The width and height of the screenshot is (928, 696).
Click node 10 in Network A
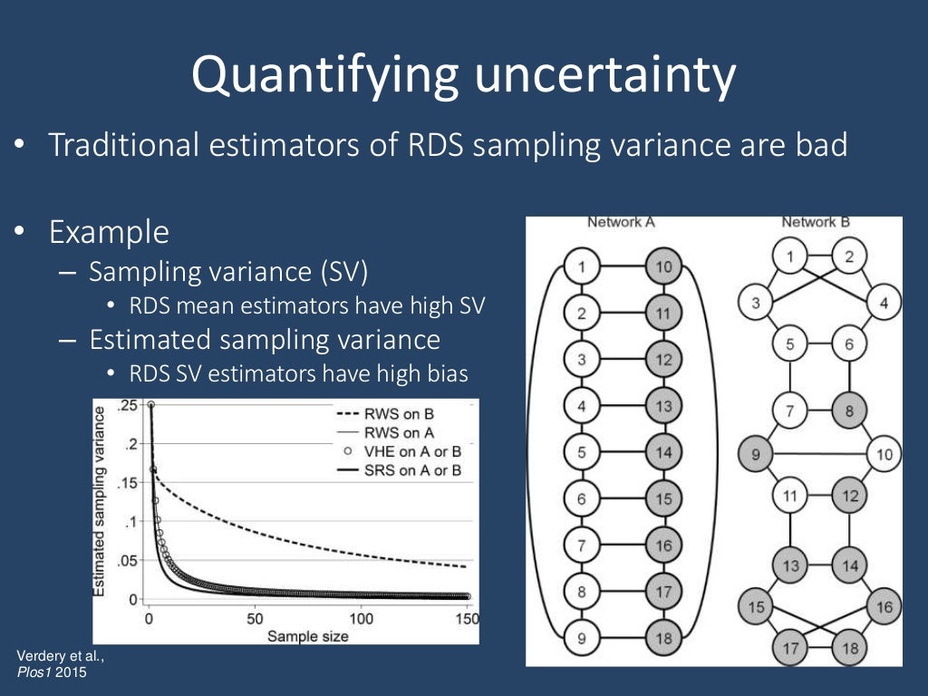[663, 266]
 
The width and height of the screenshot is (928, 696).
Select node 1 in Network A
[582, 266]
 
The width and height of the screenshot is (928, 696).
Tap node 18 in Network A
[663, 637]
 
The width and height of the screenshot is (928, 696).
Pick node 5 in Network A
[582, 451]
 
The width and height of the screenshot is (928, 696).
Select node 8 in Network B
[848, 411]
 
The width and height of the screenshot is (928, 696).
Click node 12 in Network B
[848, 495]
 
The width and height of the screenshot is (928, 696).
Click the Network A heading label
[621, 222]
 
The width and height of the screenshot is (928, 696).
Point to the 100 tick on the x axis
[361, 618]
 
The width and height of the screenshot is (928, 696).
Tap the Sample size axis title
[307, 635]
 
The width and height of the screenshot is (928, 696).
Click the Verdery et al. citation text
[54, 655]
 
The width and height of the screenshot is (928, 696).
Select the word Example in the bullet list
[109, 233]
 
